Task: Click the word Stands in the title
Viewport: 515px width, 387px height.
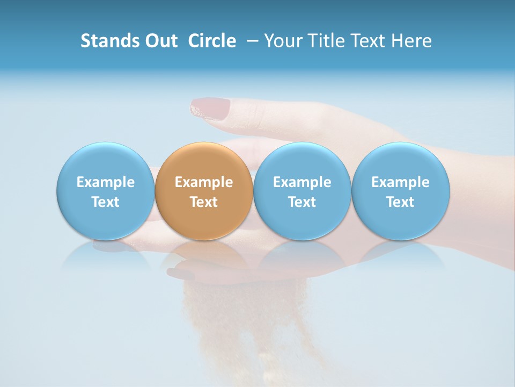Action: point(109,41)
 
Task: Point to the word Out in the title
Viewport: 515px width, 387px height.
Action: point(160,41)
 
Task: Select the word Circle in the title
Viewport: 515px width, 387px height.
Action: point(212,41)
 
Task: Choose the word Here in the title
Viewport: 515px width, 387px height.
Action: point(411,41)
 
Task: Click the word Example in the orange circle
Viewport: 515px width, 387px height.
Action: point(204,182)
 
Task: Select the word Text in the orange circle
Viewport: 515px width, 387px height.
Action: point(204,202)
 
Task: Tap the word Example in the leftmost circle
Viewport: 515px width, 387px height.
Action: point(105,182)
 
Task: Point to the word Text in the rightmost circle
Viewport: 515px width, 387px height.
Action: point(400,202)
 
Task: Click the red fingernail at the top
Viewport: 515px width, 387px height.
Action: point(210,107)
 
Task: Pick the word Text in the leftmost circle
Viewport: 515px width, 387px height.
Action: point(105,202)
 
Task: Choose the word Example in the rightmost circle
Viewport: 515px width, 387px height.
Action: point(400,182)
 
